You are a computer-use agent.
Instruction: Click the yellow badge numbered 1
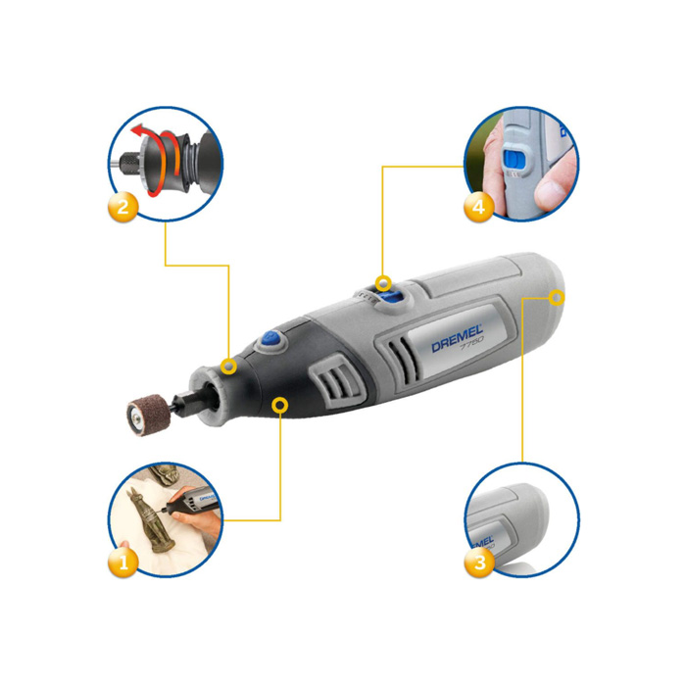(x=122, y=562)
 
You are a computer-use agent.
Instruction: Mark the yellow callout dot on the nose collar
(x=228, y=367)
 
